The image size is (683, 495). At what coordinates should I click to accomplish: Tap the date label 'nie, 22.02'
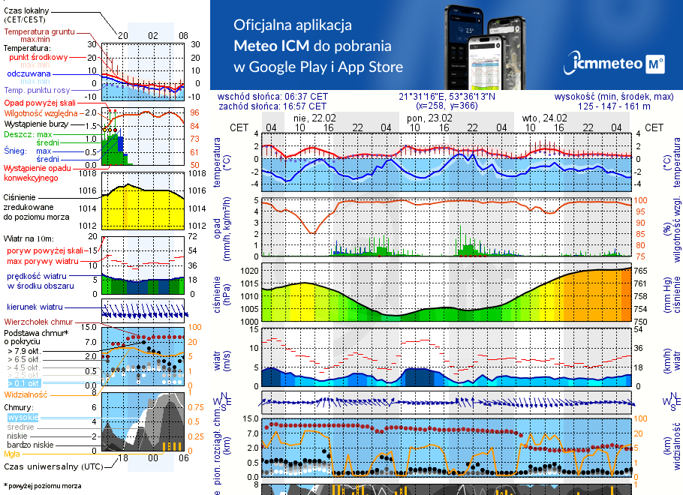[x=315, y=118]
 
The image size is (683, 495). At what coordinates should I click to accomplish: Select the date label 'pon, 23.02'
[x=429, y=118]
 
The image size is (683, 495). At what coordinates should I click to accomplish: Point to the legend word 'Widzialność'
[x=26, y=394]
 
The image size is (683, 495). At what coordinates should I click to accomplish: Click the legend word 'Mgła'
[x=12, y=454]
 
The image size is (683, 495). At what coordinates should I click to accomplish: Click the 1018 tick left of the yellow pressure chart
[x=88, y=174]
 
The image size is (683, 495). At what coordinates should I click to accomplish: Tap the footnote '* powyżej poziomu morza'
[x=43, y=486]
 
